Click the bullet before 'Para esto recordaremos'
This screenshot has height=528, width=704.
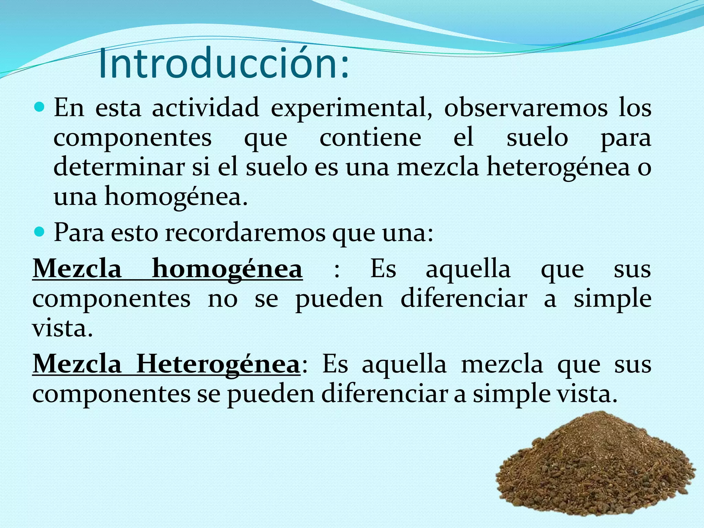point(40,233)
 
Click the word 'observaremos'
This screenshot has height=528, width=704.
point(526,108)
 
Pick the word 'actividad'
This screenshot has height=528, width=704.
point(205,108)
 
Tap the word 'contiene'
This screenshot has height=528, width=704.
point(370,138)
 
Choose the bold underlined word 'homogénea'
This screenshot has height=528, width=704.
point(227,269)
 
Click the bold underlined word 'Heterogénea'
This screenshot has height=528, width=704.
point(218,364)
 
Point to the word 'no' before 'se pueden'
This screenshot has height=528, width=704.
point(222,299)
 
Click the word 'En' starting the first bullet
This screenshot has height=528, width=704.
point(69,108)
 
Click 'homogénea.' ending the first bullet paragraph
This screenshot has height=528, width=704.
point(176,197)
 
